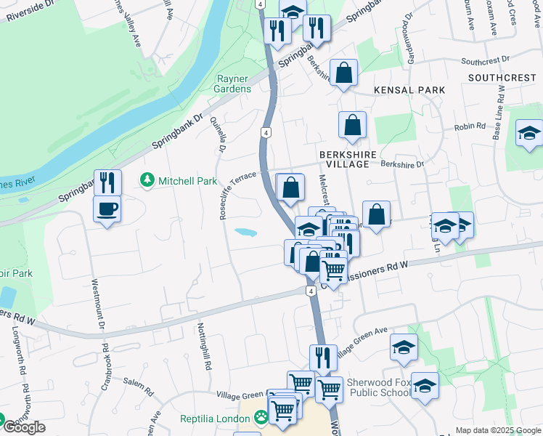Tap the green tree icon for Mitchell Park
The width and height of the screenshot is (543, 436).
tap(147, 179)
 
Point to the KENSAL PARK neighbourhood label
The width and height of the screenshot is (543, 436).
tap(409, 90)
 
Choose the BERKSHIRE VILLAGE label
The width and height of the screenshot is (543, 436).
tap(343, 160)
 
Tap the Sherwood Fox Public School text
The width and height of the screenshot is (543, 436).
tap(370, 387)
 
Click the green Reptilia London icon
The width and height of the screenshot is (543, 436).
tap(260, 418)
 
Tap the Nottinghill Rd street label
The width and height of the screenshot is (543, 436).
tap(203, 347)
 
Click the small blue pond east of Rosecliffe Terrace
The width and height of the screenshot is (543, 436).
tap(245, 233)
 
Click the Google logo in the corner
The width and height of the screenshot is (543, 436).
tap(24, 427)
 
